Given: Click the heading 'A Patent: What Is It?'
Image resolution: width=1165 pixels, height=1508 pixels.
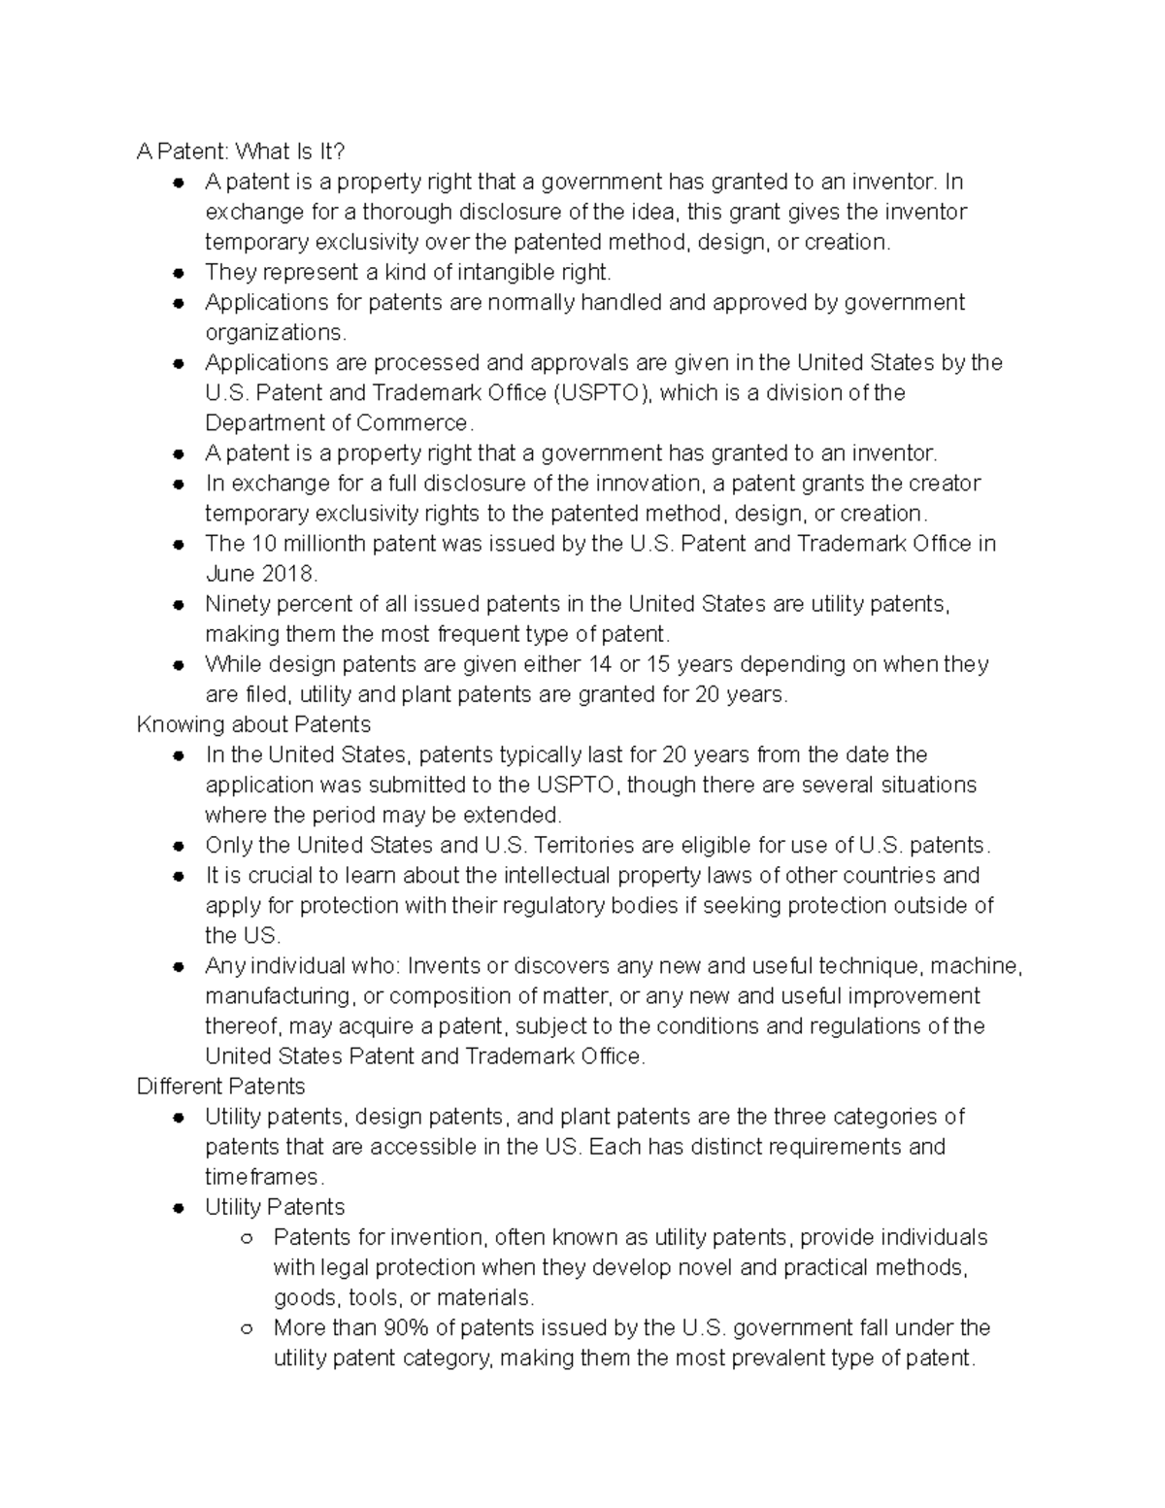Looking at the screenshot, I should [241, 151].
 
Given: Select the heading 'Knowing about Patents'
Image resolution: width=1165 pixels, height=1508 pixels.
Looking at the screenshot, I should [253, 724].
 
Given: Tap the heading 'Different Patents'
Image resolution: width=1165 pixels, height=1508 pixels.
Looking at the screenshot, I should [220, 1086].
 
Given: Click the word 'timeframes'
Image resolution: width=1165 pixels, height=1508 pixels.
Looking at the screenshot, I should [262, 1177].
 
